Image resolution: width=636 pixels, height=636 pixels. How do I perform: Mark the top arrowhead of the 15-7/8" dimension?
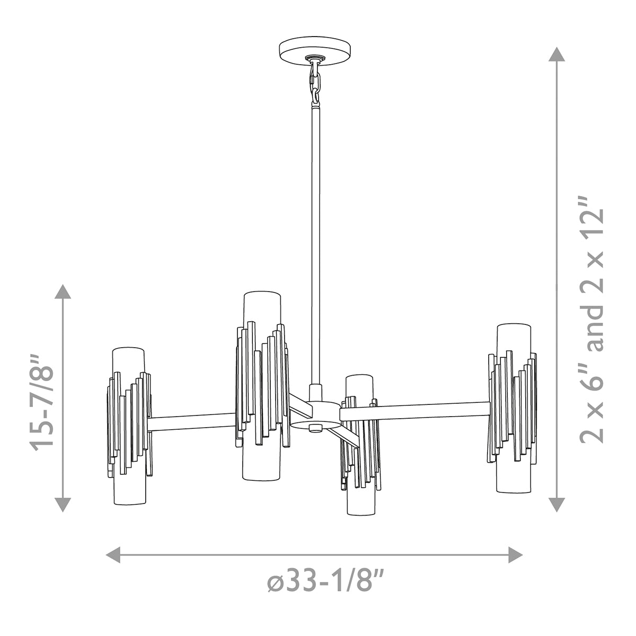(63, 291)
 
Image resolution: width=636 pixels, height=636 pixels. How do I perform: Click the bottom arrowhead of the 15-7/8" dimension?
(63, 505)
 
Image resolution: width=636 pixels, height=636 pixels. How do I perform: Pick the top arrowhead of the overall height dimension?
(557, 55)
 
